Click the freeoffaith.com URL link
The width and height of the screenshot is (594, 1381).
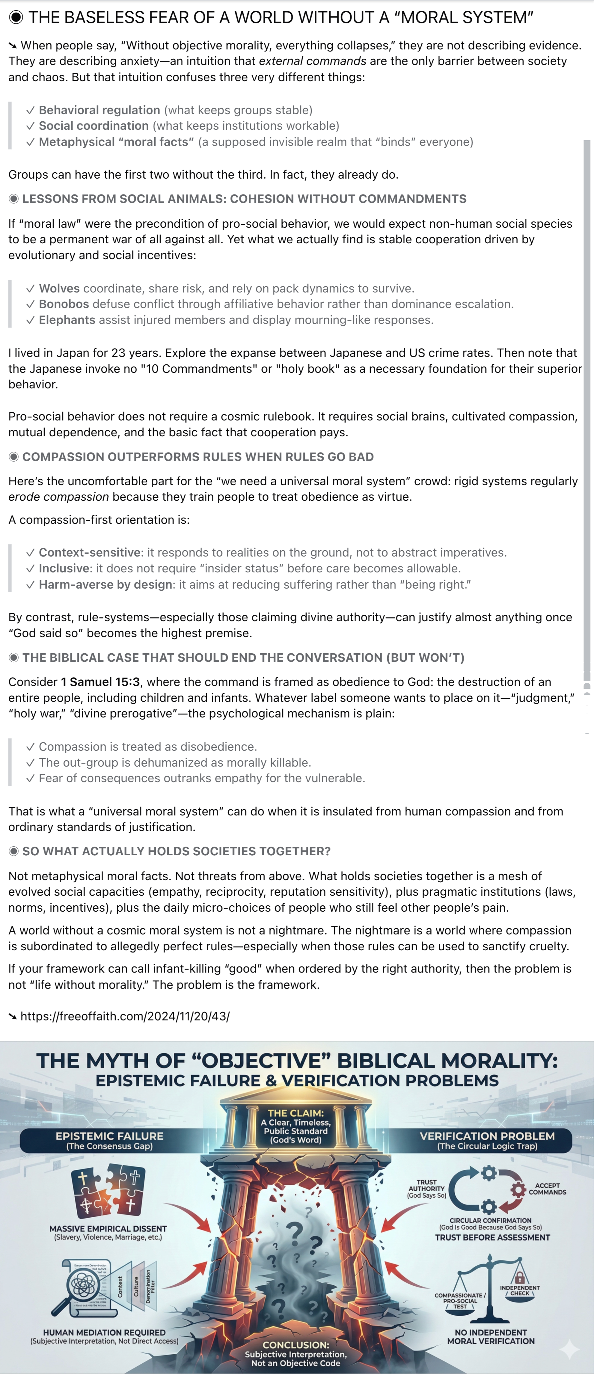coord(125,1016)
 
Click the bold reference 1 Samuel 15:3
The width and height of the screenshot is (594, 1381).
coord(100,682)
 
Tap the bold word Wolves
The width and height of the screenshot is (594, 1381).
coord(59,288)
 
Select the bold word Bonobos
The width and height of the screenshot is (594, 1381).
coord(64,304)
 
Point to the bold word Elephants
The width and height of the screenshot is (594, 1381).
coord(67,320)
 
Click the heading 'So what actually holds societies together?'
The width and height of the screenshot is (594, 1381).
coord(177,851)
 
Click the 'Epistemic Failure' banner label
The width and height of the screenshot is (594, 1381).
coord(109,1136)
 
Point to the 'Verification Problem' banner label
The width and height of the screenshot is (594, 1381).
coord(487,1136)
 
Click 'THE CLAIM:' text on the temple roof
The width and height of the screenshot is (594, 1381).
coord(296,1113)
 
